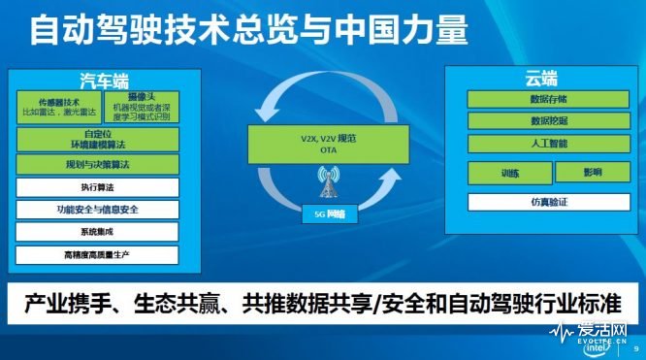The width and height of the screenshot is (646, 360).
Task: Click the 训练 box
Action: click(508, 173)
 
